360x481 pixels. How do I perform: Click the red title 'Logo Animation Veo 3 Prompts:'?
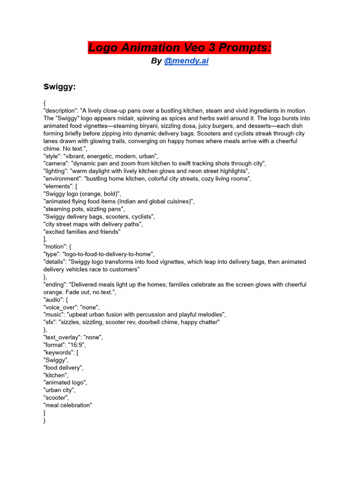coord(180,47)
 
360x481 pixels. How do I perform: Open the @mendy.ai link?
coord(186,61)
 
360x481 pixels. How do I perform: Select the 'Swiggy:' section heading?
coord(60,87)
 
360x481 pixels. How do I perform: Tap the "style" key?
coord(52,156)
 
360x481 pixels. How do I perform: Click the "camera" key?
coord(55,163)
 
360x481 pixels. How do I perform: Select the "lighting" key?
coord(55,171)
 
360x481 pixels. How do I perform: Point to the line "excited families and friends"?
coord(82,232)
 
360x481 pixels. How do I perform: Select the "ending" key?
coord(55,285)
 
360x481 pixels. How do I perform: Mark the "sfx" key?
coord(50,322)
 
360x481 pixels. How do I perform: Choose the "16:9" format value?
coord(78,345)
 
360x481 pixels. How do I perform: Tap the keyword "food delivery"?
coord(63,368)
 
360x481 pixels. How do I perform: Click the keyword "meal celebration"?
coord(68,405)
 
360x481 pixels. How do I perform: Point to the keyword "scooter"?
coord(56,398)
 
